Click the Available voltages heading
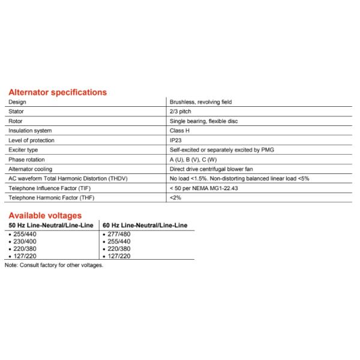click(x=44, y=215)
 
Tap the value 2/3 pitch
click(x=181, y=112)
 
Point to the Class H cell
click(x=180, y=131)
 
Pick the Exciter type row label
click(x=23, y=150)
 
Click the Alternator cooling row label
click(x=30, y=169)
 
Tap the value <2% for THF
click(x=175, y=198)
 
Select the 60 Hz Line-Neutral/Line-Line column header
click(x=145, y=225)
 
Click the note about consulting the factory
click(x=54, y=265)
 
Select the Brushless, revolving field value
click(x=200, y=102)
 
